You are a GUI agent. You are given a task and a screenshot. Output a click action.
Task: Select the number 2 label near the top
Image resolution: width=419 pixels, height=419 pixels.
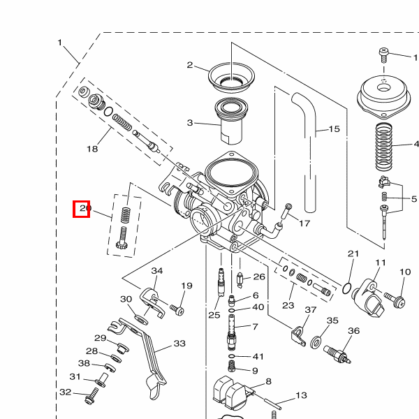click(x=189, y=65)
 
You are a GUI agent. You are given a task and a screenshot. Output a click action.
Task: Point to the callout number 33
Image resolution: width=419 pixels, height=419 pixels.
click(x=179, y=344)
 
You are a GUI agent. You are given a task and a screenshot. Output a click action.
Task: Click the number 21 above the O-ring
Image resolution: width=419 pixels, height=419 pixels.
click(x=353, y=253)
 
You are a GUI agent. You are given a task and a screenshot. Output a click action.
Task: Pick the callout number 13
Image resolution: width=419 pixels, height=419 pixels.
click(x=301, y=395)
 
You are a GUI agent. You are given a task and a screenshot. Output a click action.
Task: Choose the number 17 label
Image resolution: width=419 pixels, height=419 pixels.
click(x=304, y=223)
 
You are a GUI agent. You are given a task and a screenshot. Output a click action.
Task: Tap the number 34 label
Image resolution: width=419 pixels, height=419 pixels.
click(x=157, y=271)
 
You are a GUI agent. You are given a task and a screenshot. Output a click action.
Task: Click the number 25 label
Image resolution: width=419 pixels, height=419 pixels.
click(x=214, y=315)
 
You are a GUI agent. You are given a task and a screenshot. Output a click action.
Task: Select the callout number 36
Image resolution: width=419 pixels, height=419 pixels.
click(x=353, y=331)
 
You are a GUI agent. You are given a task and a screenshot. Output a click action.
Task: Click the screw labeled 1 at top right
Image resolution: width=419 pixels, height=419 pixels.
click(x=384, y=54)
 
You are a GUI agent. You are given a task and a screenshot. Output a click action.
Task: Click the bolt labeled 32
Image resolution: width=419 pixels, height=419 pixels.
click(x=90, y=399)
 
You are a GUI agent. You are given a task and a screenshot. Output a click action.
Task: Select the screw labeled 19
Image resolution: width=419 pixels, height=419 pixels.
click(x=178, y=307)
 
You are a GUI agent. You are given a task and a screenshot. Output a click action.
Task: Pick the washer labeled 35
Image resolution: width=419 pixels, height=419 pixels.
click(x=316, y=342)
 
